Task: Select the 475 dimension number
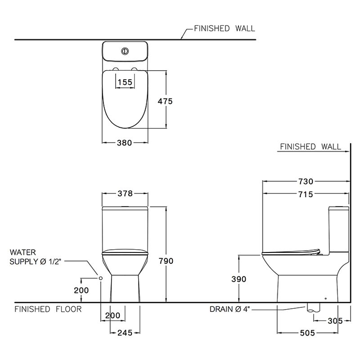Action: click(x=165, y=101)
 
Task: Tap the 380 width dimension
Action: click(x=125, y=143)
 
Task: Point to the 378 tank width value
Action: click(x=125, y=194)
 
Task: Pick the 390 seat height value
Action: click(x=238, y=279)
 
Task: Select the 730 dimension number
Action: click(x=305, y=182)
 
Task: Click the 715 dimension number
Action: click(x=305, y=194)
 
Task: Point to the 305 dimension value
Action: click(x=335, y=320)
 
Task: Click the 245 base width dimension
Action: click(x=125, y=333)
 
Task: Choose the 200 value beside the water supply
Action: click(x=81, y=290)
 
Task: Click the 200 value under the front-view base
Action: click(x=112, y=315)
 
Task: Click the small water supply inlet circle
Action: click(x=100, y=278)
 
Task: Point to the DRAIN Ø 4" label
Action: click(x=229, y=309)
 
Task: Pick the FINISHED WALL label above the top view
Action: click(x=224, y=28)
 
